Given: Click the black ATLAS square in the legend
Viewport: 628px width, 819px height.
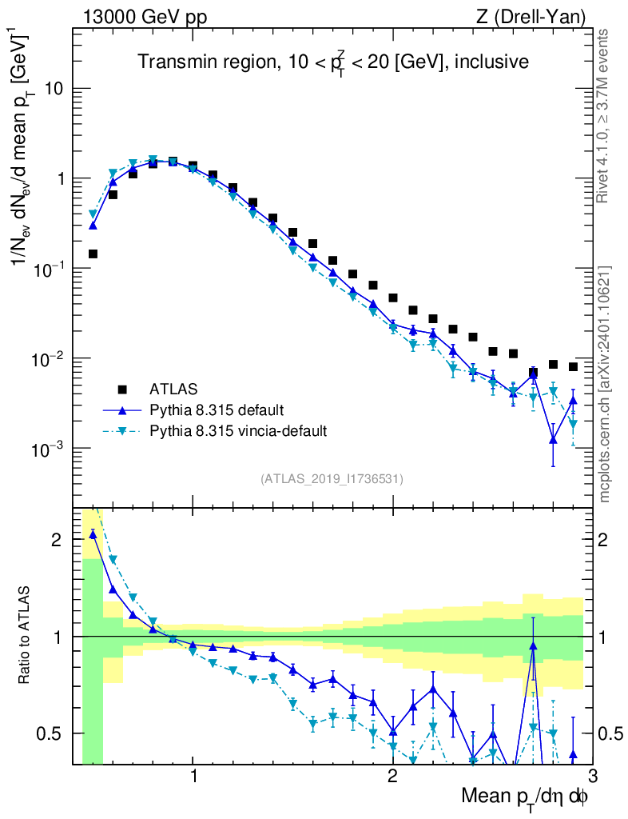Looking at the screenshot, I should coord(122,390).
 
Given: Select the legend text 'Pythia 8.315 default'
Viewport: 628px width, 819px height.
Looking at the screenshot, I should coord(216,410).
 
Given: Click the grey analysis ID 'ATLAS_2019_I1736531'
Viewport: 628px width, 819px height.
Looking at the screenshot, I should coord(332,479).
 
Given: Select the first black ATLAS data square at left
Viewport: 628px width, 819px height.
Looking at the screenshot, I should coord(93,254).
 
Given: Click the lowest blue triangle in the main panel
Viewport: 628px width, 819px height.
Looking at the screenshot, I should coord(553,439).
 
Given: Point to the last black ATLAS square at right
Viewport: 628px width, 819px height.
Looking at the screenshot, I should coord(573,367).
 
